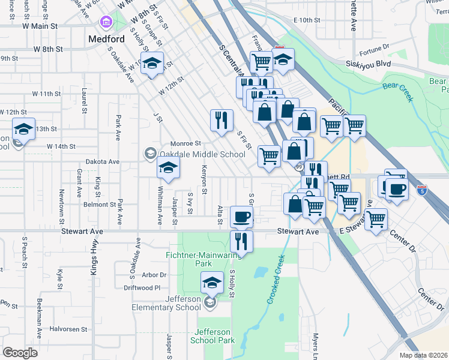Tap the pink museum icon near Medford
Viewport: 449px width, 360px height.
tap(106, 23)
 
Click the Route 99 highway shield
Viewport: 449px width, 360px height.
tap(298, 166)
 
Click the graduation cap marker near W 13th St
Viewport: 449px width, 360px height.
tap(23, 129)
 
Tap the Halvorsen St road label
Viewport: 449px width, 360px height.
tap(68, 329)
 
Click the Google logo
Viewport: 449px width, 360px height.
tap(20, 352)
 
